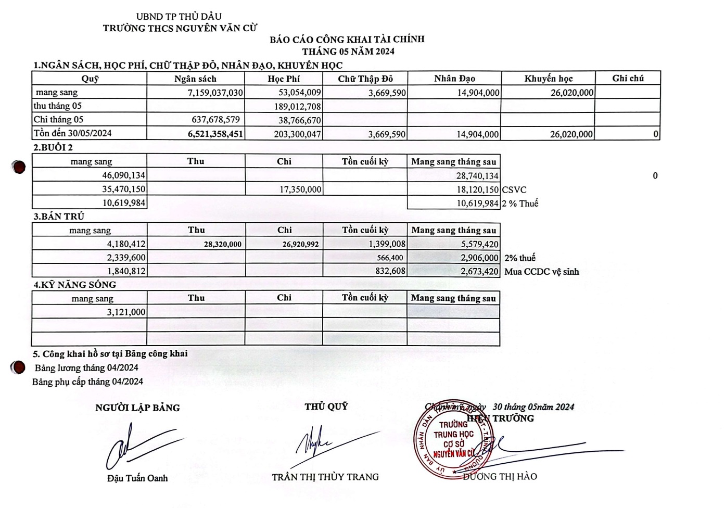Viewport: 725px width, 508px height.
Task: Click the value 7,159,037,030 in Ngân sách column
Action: pyautogui.click(x=215, y=93)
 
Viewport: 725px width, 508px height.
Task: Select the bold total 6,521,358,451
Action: pyautogui.click(x=215, y=134)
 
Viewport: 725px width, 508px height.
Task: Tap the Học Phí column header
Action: pyautogui.click(x=284, y=79)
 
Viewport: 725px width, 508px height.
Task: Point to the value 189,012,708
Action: pyautogui.click(x=297, y=106)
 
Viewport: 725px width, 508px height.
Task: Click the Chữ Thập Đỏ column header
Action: pyautogui.click(x=365, y=79)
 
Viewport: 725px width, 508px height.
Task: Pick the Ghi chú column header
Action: pyautogui.click(x=628, y=78)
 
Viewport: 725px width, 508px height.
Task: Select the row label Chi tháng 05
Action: pyautogui.click(x=58, y=120)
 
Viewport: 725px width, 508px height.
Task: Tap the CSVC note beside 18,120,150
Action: pyautogui.click(x=514, y=190)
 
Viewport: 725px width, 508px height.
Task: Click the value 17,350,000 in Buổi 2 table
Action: pyautogui.click(x=300, y=189)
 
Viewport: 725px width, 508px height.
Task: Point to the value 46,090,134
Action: pyautogui.click(x=123, y=176)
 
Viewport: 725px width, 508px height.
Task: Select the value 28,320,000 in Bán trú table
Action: pyautogui.click(x=222, y=244)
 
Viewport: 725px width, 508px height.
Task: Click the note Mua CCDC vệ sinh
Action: pyautogui.click(x=541, y=272)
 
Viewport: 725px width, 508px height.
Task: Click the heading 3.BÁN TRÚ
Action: pyautogui.click(x=59, y=217)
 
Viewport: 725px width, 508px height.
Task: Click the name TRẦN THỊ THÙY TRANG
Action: pyautogui.click(x=325, y=477)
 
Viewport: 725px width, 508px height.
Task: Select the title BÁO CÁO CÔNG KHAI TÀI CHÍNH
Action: pyautogui.click(x=347, y=39)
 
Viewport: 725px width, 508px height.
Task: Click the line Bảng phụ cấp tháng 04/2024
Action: pyautogui.click(x=87, y=382)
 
